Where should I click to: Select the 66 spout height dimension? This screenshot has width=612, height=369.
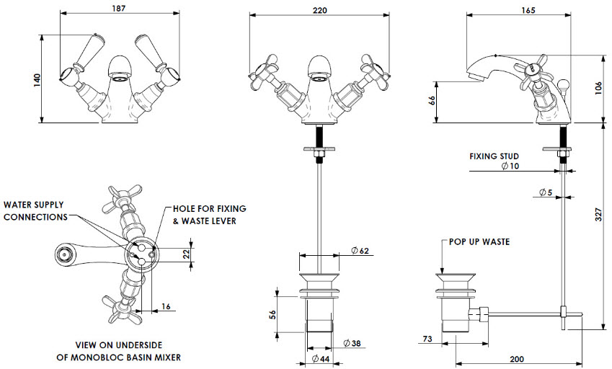[432, 102]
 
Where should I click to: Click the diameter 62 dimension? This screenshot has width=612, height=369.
[360, 251]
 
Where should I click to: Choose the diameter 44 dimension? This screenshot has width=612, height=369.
[321, 359]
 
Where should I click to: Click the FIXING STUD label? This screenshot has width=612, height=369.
[495, 156]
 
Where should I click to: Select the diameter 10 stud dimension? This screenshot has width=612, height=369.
[509, 166]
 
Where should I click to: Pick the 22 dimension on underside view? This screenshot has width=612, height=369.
[187, 254]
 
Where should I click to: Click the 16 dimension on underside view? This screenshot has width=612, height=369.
[167, 307]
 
